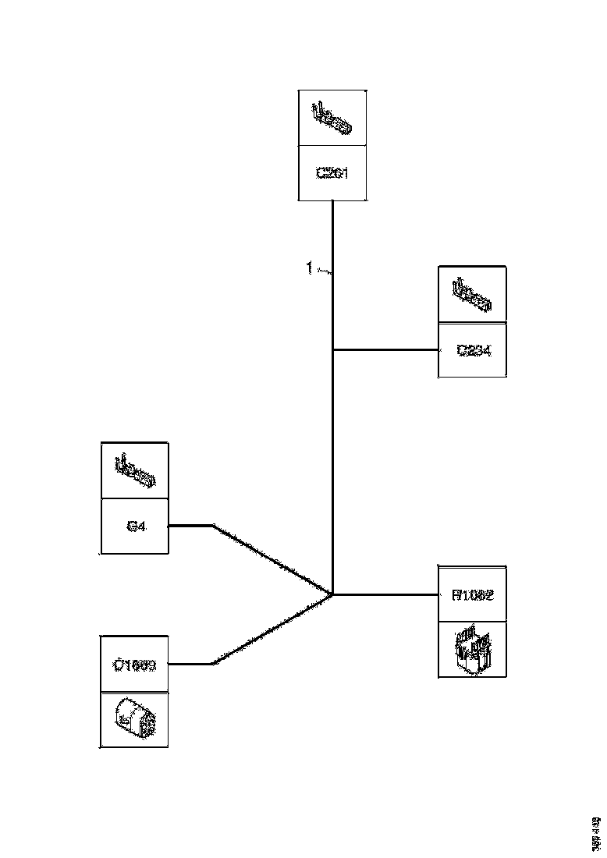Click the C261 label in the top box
(332, 173)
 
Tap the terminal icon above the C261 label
(332, 117)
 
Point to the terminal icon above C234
(472, 294)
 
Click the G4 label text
(135, 526)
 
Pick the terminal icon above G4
(135, 470)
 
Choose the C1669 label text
(134, 665)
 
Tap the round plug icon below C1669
(134, 719)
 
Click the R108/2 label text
(473, 594)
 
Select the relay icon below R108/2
(473, 649)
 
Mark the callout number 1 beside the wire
(310, 269)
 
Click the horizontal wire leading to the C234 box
(386, 350)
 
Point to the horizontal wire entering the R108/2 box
(386, 594)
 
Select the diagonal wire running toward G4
(273, 560)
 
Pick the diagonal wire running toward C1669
(273, 629)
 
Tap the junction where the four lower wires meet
(333, 594)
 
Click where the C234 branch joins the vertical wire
(333, 350)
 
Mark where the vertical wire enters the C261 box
(333, 201)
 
